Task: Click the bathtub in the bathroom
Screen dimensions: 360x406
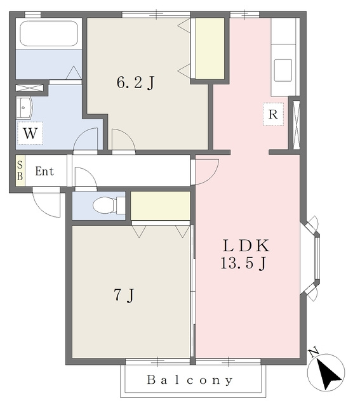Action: pyautogui.click(x=49, y=34)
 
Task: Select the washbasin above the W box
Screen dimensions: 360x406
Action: pyautogui.click(x=24, y=108)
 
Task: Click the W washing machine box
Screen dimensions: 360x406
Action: pyautogui.click(x=30, y=133)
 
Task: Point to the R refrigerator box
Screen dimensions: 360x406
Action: pyautogui.click(x=273, y=114)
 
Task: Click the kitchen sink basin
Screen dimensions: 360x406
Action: pyautogui.click(x=283, y=70)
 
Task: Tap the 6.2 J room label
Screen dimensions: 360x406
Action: pyautogui.click(x=135, y=82)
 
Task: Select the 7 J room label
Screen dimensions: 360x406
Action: pyautogui.click(x=124, y=295)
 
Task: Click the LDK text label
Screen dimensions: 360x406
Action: pyautogui.click(x=246, y=246)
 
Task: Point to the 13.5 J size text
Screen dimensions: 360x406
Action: pyautogui.click(x=243, y=263)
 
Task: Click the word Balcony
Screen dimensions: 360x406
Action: pyautogui.click(x=190, y=380)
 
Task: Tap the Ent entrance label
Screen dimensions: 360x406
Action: pyautogui.click(x=44, y=171)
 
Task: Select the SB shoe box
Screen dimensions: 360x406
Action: pyautogui.click(x=20, y=171)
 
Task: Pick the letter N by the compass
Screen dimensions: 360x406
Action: pyautogui.click(x=314, y=353)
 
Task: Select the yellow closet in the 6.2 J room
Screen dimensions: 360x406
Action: pyautogui.click(x=210, y=48)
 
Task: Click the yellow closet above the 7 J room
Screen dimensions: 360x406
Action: pyautogui.click(x=161, y=206)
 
